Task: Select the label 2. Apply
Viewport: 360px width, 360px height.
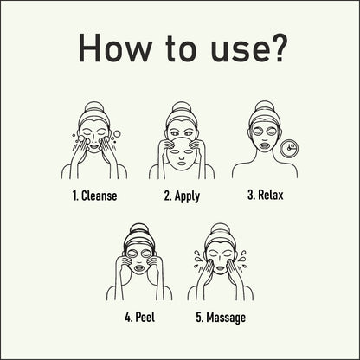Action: [x=182, y=196]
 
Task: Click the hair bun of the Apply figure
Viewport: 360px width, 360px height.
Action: [x=180, y=106]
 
